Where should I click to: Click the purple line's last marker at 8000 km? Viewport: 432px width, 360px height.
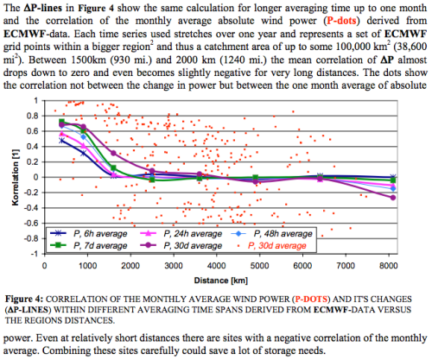[393, 198]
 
